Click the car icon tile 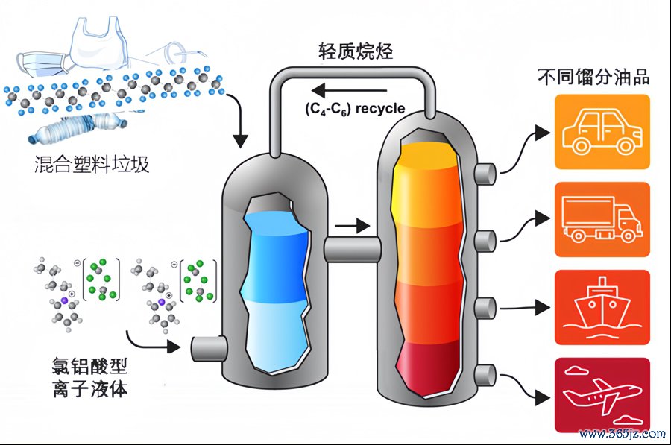tap(602, 132)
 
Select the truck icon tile tap(602, 219)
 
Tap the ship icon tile tap(602, 307)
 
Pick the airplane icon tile tap(602, 395)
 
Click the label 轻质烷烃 tap(356, 51)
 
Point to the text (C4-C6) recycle tap(355, 109)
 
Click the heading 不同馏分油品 tap(593, 77)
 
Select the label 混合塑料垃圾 tap(92, 164)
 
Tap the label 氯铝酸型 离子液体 tap(90, 377)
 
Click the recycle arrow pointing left tap(349, 91)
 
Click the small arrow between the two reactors tap(352, 225)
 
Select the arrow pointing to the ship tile tap(525, 307)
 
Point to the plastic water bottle tap(78, 126)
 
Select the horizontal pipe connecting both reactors tap(352, 250)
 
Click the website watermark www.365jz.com tap(623, 434)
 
